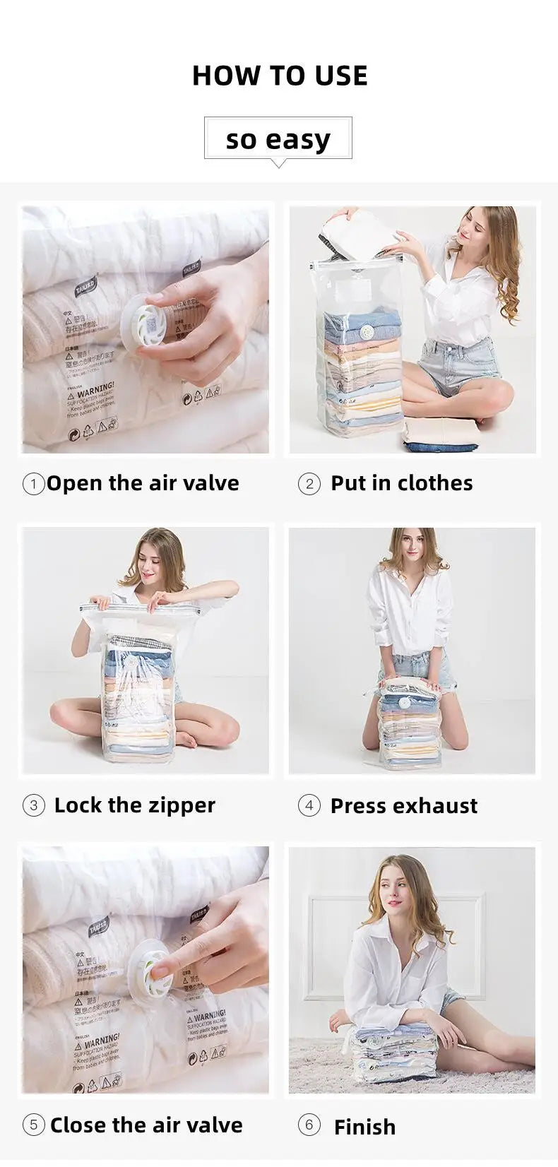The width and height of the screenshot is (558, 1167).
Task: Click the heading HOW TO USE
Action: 280,76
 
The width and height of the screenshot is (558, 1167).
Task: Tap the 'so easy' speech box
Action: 278,138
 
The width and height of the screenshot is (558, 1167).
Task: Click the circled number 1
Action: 33,484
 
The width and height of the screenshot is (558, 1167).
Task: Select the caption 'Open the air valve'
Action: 143,483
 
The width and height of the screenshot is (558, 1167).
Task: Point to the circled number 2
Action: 309,484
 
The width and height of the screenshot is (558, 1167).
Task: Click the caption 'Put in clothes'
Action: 401,483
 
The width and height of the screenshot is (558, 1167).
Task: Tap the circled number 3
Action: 33,805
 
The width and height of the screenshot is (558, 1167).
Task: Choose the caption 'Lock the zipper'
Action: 134,805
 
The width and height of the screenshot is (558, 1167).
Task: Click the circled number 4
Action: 309,805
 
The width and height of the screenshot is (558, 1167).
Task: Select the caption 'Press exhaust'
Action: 403,805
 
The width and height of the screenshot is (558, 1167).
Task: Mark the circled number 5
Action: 33,1125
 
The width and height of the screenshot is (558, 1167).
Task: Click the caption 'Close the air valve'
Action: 146,1125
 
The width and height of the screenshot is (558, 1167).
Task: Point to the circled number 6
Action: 309,1125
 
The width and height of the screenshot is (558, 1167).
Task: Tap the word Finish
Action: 364,1127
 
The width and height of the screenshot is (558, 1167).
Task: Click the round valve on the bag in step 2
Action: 366,333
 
